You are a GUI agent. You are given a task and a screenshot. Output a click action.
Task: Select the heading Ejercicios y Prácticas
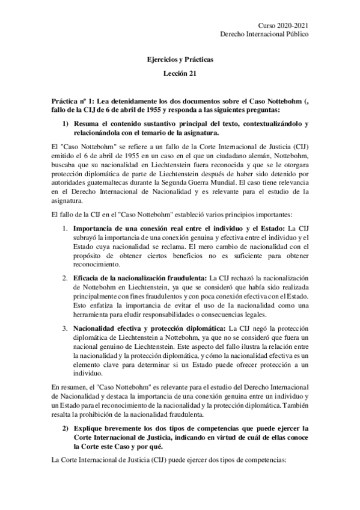coord(180,60)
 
